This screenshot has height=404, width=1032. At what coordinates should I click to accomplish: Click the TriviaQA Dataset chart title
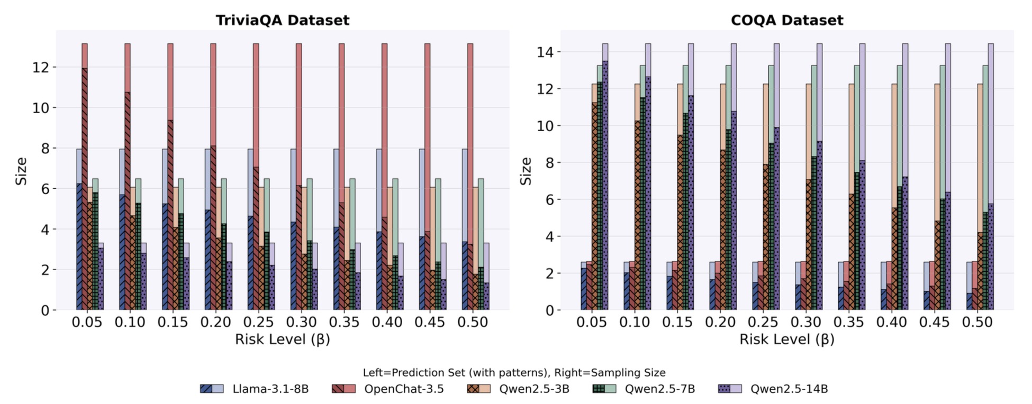[282, 20]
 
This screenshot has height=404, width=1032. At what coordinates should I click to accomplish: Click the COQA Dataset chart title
[786, 20]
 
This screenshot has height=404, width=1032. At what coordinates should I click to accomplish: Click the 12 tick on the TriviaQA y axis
[41, 67]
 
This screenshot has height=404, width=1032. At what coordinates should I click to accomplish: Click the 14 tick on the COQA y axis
[545, 52]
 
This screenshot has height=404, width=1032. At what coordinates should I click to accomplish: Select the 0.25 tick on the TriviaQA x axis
[258, 322]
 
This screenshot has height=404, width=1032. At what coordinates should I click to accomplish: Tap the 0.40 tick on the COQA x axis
[891, 322]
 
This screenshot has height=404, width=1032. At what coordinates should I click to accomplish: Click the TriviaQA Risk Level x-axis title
[282, 339]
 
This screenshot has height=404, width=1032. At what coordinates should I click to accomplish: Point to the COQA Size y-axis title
[526, 171]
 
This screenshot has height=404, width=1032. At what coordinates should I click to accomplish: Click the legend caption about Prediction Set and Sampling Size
[513, 372]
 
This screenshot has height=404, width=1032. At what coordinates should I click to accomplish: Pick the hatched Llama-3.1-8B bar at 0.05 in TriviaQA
[79, 249]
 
